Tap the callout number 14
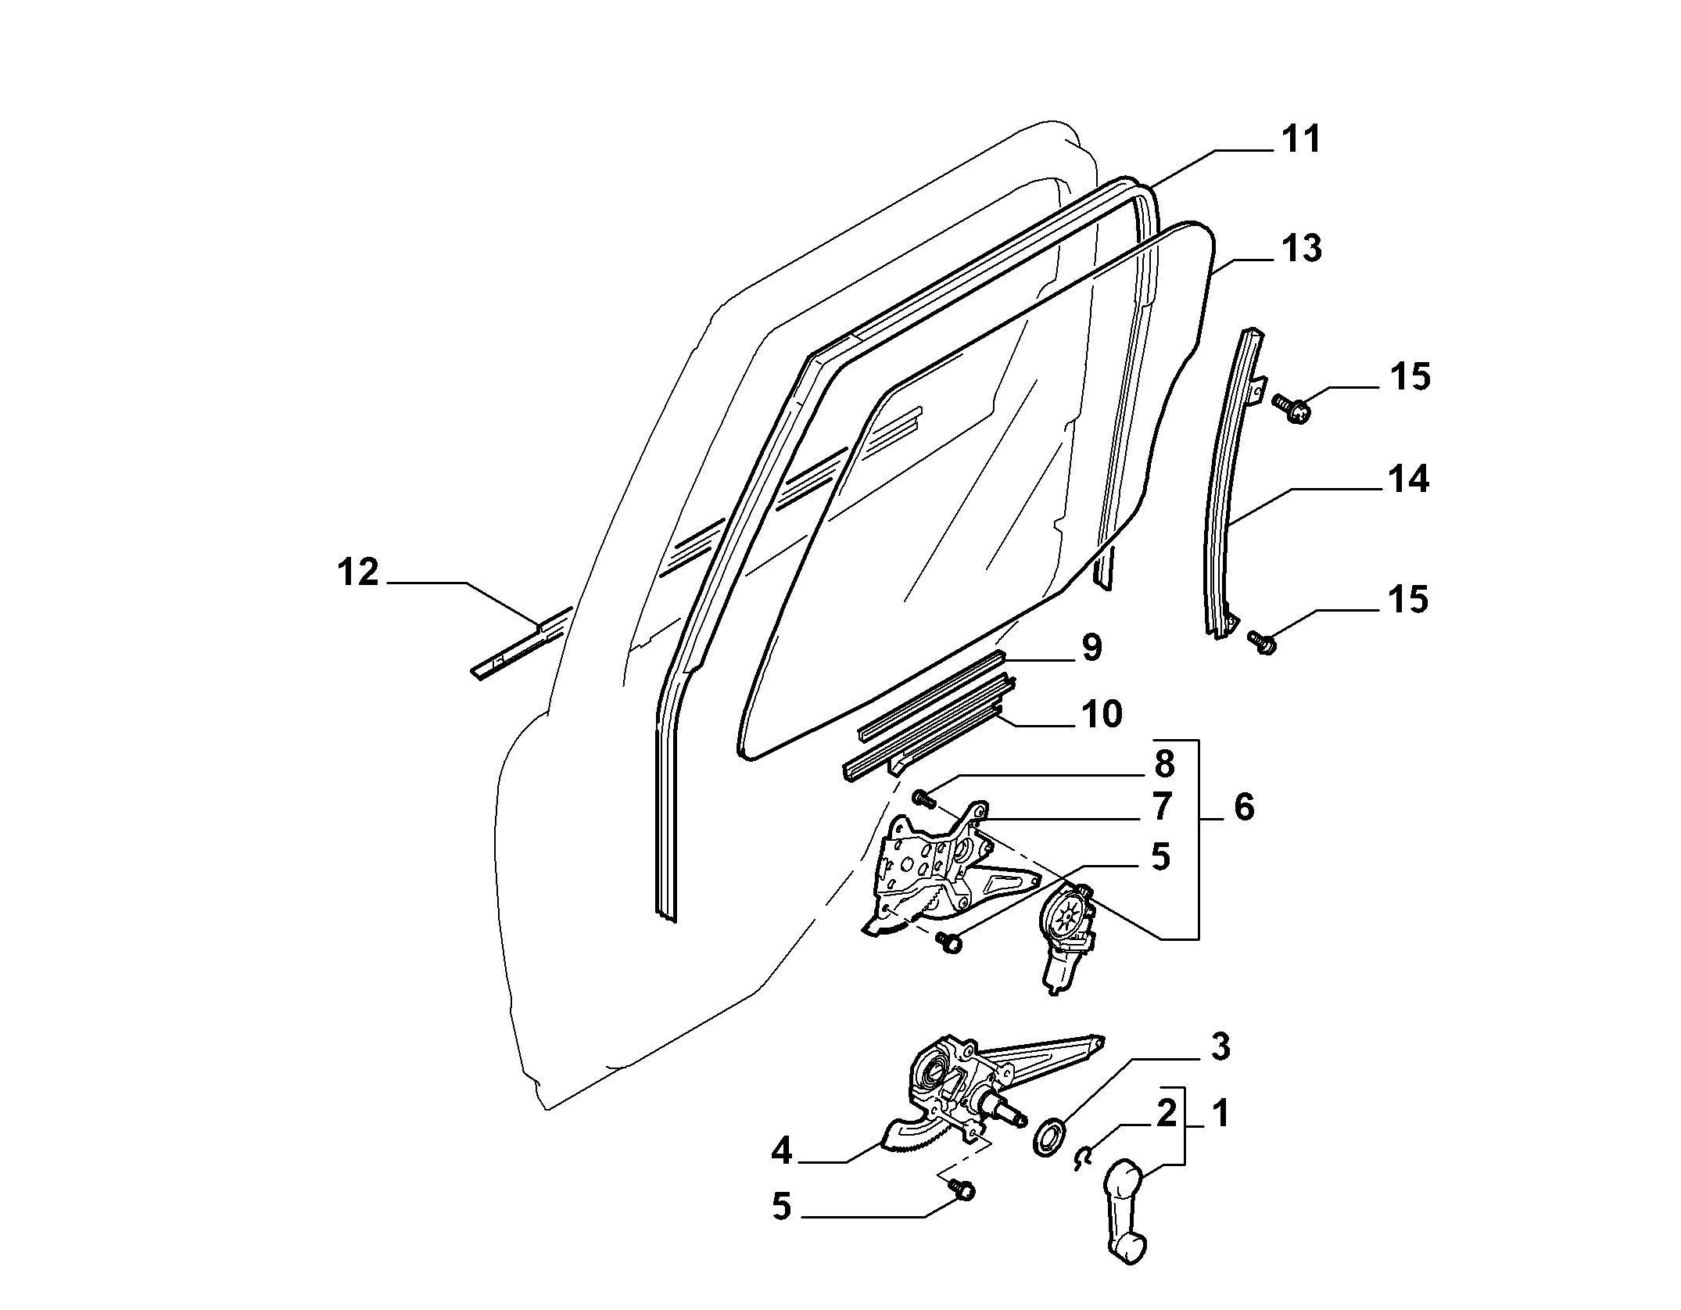click(x=1408, y=479)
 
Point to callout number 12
click(x=358, y=572)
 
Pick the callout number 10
click(x=1101, y=713)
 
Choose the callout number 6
click(x=1243, y=806)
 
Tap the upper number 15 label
click(x=1410, y=377)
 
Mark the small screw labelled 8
click(x=924, y=799)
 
